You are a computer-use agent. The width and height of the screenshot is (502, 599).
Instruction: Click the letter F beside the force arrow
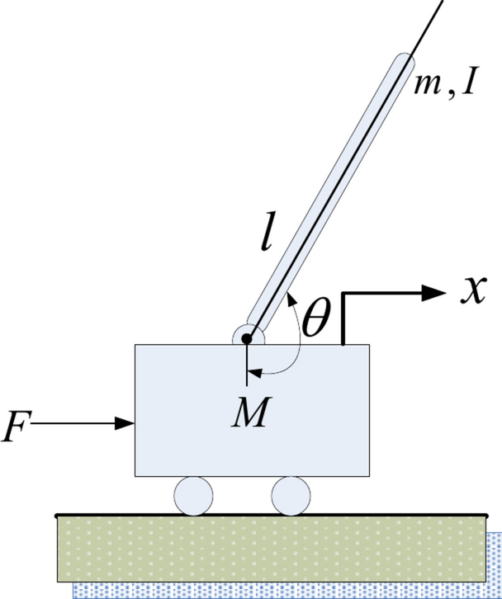pyautogui.click(x=15, y=431)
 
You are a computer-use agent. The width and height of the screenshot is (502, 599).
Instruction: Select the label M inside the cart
pyautogui.click(x=249, y=413)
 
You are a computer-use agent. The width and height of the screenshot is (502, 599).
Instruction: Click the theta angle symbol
pyautogui.click(x=315, y=321)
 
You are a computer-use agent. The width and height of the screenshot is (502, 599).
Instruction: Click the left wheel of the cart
pyautogui.click(x=192, y=495)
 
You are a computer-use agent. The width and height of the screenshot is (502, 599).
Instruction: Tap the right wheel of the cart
pyautogui.click(x=291, y=495)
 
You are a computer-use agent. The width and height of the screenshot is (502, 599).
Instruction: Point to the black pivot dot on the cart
pyautogui.click(x=247, y=338)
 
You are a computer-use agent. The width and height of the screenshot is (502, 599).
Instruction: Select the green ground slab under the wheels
pyautogui.click(x=272, y=548)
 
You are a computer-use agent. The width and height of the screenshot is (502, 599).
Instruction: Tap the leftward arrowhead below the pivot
pyautogui.click(x=254, y=374)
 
